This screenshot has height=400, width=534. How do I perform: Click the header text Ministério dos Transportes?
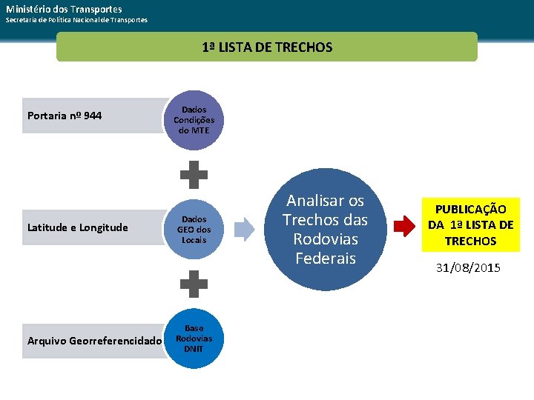click(x=65, y=8)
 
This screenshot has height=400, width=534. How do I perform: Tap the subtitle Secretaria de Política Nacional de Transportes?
click(x=76, y=19)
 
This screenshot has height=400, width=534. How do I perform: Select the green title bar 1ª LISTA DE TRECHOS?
click(x=267, y=47)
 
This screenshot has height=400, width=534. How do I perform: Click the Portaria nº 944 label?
click(x=65, y=116)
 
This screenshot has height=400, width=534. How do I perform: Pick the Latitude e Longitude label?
click(x=77, y=227)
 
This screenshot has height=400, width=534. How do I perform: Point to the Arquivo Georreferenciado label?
click(x=93, y=341)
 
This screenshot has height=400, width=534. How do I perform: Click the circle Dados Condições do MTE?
click(x=194, y=120)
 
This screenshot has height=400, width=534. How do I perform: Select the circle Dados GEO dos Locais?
click(x=194, y=230)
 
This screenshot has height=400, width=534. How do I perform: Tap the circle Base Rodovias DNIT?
click(x=194, y=339)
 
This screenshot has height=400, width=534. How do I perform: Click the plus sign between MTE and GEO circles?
click(x=194, y=175)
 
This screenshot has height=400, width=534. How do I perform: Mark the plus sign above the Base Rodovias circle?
click(x=194, y=284)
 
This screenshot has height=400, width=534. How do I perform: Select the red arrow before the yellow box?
click(x=404, y=226)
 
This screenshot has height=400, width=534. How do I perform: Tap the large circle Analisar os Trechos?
click(x=326, y=229)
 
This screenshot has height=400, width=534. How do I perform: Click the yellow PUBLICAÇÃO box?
click(x=470, y=225)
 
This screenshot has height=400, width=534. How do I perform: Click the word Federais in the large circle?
click(x=325, y=259)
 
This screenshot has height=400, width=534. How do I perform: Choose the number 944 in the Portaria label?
click(x=93, y=116)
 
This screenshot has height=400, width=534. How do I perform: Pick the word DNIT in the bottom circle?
click(x=194, y=349)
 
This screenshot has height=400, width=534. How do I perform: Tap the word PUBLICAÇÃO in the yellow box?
click(x=471, y=210)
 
